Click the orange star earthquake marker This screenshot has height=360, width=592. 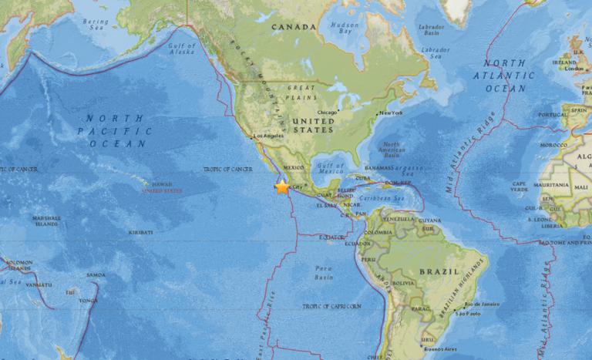click(282, 187)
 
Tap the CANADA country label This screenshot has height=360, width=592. click(294, 27)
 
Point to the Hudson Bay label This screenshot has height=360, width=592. click(344, 29)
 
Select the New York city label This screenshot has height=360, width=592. click(392, 113)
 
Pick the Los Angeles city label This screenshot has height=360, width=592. click(269, 136)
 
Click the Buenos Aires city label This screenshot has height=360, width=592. click(440, 348)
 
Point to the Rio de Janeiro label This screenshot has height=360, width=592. click(479, 304)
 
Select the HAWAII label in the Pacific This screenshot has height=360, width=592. click(163, 184)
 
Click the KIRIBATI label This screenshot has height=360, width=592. click(140, 232)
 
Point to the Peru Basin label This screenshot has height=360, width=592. click(324, 271)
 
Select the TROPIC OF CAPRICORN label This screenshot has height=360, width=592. click(331, 306)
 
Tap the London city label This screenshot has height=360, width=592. click(574, 69)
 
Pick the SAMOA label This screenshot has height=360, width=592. click(96, 275)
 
